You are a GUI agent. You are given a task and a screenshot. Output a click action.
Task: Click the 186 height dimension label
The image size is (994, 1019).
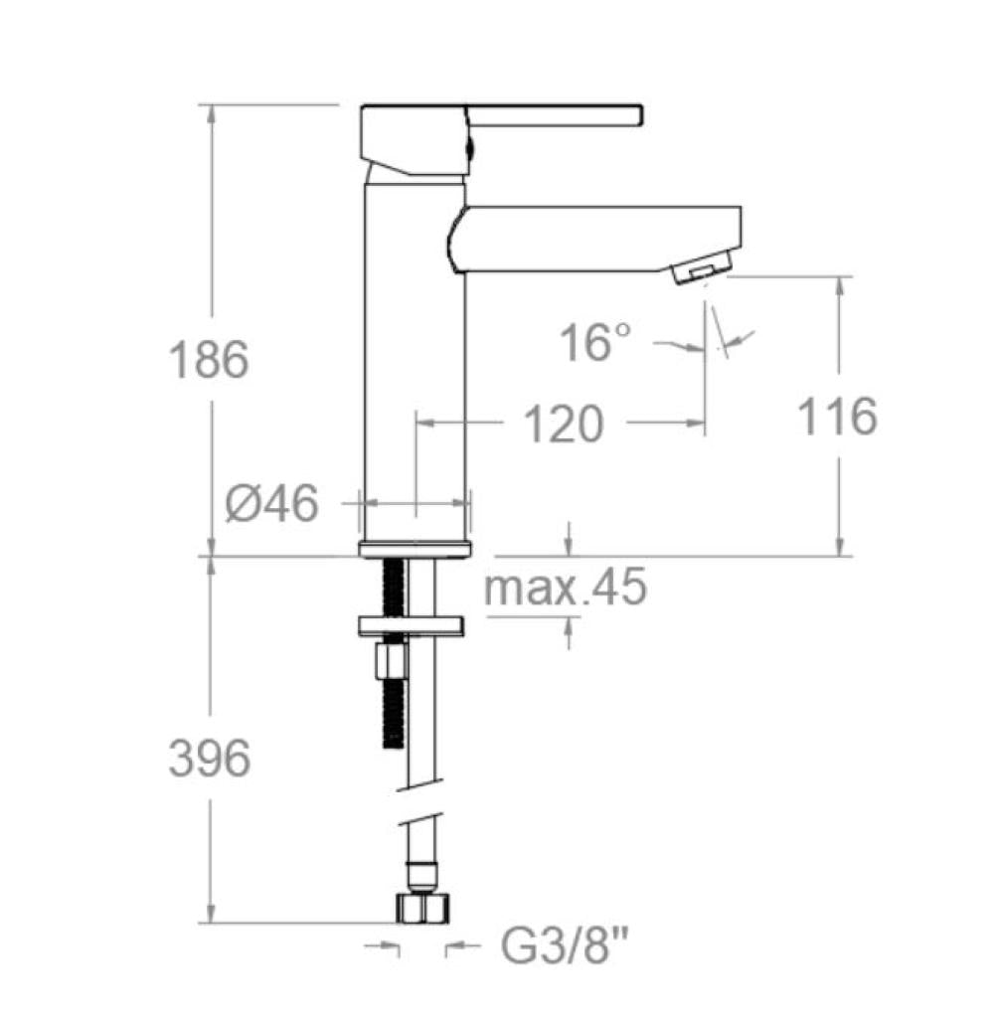pos(209,359)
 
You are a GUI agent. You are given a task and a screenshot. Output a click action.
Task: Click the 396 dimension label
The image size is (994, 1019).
pos(209,761)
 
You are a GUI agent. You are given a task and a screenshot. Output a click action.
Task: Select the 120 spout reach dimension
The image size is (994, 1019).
pos(563,425)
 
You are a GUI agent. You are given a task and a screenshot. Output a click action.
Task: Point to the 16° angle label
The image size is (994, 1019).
pos(594,344)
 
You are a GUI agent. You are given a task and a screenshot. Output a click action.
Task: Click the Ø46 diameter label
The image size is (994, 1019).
pos(270,504)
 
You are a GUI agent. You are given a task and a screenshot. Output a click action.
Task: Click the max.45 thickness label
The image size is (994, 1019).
pos(565,588)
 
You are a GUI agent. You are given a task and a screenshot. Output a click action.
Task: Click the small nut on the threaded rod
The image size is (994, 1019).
pos(391,661)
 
